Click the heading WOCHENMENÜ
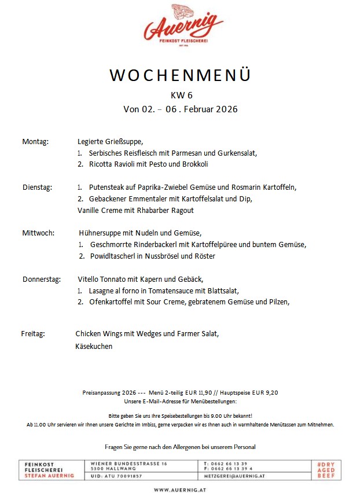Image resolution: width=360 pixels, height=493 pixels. pos(180,76)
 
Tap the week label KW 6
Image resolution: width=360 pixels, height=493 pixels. pos(180,95)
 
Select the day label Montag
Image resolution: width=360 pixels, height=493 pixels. pos(35,142)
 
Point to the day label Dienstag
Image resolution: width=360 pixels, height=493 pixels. pos(38,187)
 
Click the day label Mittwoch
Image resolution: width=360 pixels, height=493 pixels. pos(38,233)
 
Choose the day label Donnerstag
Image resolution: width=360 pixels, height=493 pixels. pos(42,279)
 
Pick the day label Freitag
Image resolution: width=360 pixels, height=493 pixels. pos(33,334)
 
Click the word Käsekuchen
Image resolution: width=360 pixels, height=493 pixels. pos(94,347)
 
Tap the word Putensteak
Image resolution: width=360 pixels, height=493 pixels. pos(108,187)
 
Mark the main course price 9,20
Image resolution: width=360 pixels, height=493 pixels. pos(271,392)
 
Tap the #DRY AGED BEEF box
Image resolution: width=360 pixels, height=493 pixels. pos(326,469)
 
